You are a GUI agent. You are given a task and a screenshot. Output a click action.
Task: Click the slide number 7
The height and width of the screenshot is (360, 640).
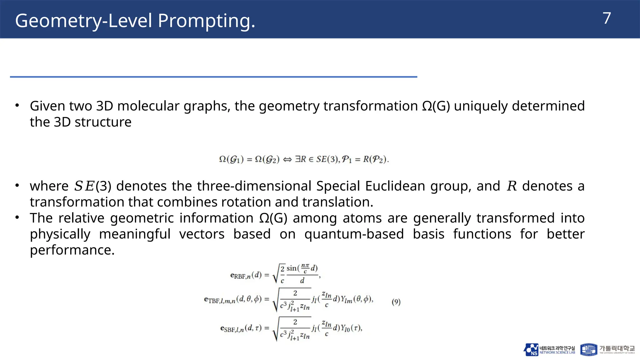(x=607, y=18)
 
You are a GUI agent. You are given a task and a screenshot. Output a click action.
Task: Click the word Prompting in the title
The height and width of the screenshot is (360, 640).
(x=206, y=21)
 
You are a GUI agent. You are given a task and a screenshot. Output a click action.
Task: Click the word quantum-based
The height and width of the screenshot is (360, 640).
(x=354, y=234)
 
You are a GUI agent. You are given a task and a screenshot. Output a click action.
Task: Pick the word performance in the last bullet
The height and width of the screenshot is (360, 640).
(x=72, y=250)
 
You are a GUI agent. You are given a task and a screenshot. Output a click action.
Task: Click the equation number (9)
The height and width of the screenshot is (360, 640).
(x=396, y=302)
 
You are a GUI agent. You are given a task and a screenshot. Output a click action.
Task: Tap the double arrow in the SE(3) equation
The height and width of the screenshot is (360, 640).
(x=287, y=160)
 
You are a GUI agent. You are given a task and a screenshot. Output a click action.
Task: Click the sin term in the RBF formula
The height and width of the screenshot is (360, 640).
(x=291, y=268)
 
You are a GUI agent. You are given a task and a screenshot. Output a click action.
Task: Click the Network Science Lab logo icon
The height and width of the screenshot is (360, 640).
(x=531, y=350)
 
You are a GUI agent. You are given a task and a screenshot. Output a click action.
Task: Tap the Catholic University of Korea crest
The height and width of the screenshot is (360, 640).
(x=588, y=350)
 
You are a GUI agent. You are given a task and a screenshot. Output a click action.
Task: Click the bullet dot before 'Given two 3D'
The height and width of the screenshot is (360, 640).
(x=17, y=105)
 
